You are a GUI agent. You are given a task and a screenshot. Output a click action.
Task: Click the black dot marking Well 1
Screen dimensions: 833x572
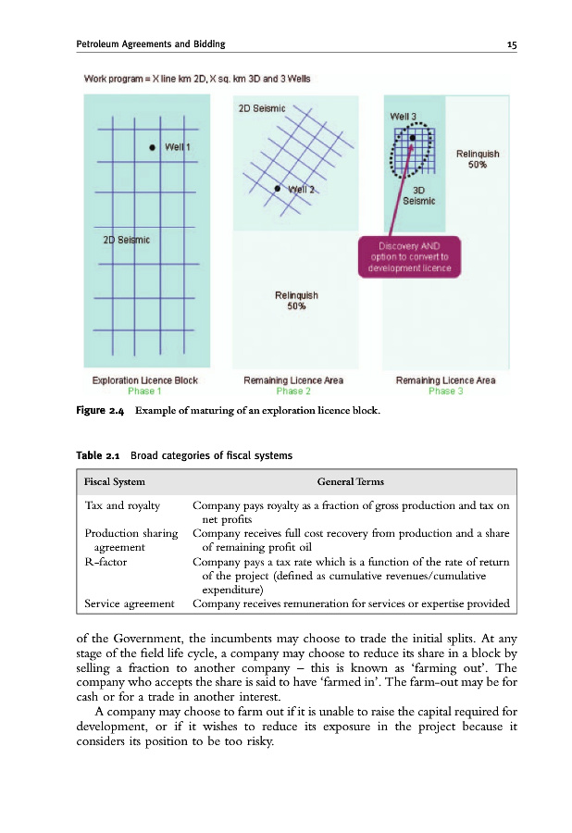(x=151, y=147)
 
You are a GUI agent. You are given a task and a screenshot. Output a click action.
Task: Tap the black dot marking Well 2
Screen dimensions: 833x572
(x=277, y=189)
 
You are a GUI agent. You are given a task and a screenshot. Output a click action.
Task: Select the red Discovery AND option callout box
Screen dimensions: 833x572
(x=408, y=256)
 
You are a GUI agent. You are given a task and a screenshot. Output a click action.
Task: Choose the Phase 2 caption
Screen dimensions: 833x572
(x=293, y=391)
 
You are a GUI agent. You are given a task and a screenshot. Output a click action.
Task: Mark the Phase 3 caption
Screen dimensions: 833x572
(x=445, y=391)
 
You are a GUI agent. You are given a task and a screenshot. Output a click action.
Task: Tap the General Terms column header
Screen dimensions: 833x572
(x=350, y=481)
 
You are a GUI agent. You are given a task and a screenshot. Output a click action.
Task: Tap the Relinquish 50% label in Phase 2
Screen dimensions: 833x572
(x=296, y=301)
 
